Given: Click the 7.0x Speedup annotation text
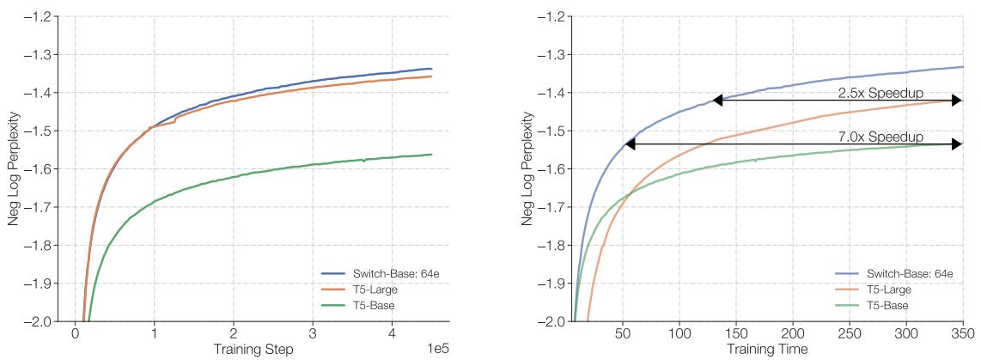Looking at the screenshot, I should click(x=880, y=137).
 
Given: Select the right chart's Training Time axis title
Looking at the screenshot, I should click(x=767, y=349).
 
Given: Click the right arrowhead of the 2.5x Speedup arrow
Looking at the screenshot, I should click(x=957, y=101).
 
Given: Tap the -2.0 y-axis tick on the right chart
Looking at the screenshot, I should click(x=551, y=321).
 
